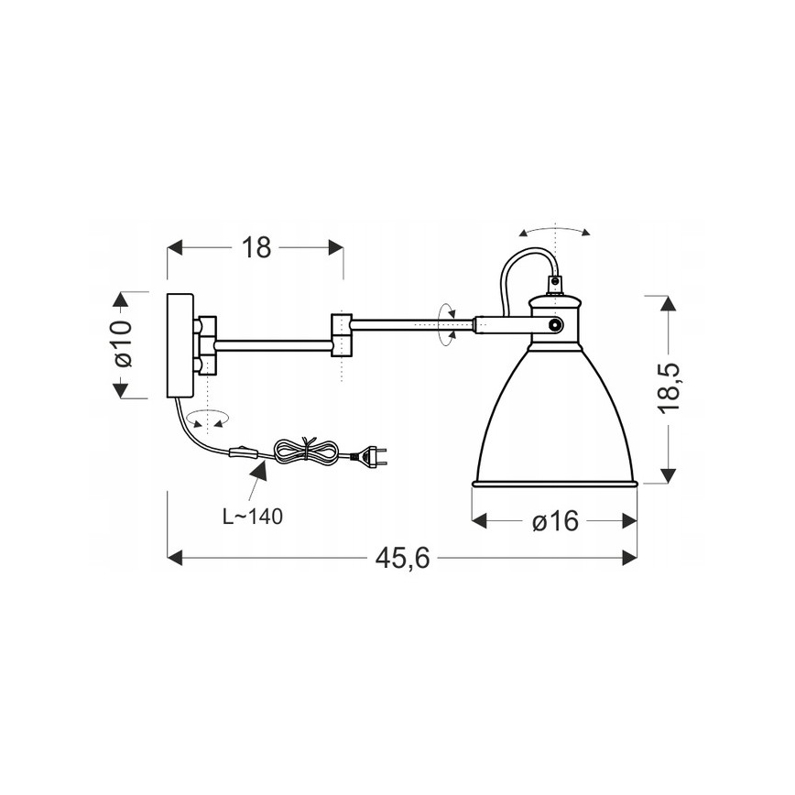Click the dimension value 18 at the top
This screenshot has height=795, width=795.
pyautogui.click(x=257, y=248)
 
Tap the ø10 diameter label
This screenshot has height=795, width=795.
pyautogui.click(x=123, y=344)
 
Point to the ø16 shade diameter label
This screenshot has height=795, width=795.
pyautogui.click(x=554, y=521)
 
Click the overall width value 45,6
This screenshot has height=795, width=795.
pyautogui.click(x=401, y=558)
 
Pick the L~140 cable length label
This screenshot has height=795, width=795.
pyautogui.click(x=253, y=516)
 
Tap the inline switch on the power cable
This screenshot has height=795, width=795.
pyautogui.click(x=243, y=452)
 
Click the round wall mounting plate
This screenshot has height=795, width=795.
pyautogui.click(x=179, y=344)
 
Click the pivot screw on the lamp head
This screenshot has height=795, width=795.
pyautogui.click(x=553, y=325)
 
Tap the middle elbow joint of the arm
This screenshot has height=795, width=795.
pyautogui.click(x=341, y=334)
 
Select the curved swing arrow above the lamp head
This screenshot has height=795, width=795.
pyautogui.click(x=555, y=229)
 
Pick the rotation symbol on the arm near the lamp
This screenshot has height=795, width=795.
pyautogui.click(x=448, y=324)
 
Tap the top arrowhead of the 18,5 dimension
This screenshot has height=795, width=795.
pyautogui.click(x=670, y=304)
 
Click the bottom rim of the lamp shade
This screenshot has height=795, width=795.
pyautogui.click(x=553, y=483)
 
